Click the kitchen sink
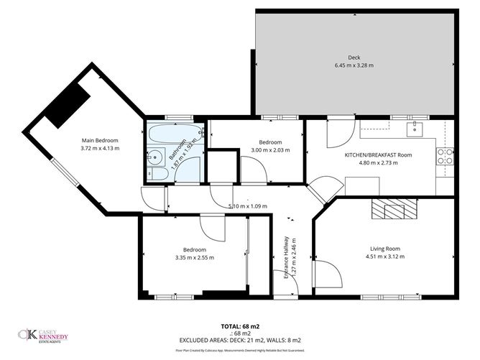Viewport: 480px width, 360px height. pos(414,130)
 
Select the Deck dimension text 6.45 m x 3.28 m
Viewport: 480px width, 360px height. pos(354,65)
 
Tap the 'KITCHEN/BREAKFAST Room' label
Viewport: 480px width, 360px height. pos(378,154)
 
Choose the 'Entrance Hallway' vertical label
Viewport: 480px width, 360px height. pos(285,263)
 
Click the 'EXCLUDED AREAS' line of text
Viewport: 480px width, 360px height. pos(240,340)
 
